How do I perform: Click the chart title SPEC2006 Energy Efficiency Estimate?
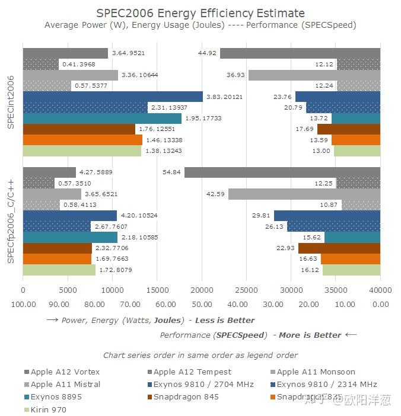[x=200, y=13]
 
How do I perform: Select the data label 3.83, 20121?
[x=224, y=97]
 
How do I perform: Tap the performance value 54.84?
[x=173, y=172]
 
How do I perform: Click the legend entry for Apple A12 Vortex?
[x=61, y=372]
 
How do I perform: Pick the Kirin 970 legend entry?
[x=48, y=410]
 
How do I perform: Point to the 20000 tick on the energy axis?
[x=202, y=290]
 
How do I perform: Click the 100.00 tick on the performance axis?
[x=23, y=304]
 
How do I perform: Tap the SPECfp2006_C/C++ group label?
[x=11, y=220]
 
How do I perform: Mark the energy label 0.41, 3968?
[x=78, y=64]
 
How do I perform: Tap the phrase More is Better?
[x=310, y=335]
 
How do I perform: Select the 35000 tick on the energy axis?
[x=336, y=290]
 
